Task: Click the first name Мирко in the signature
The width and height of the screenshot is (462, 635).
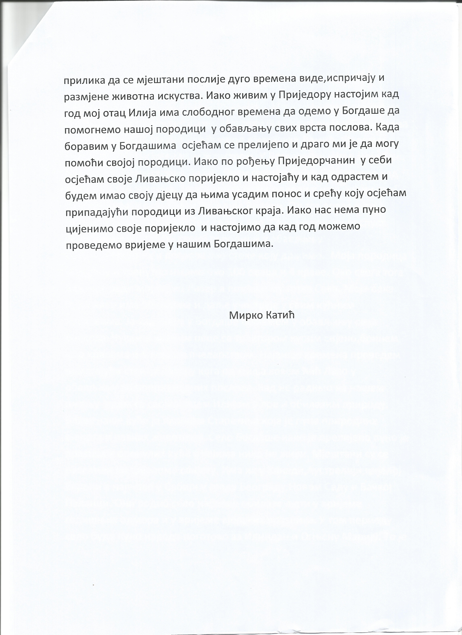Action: [243, 316]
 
